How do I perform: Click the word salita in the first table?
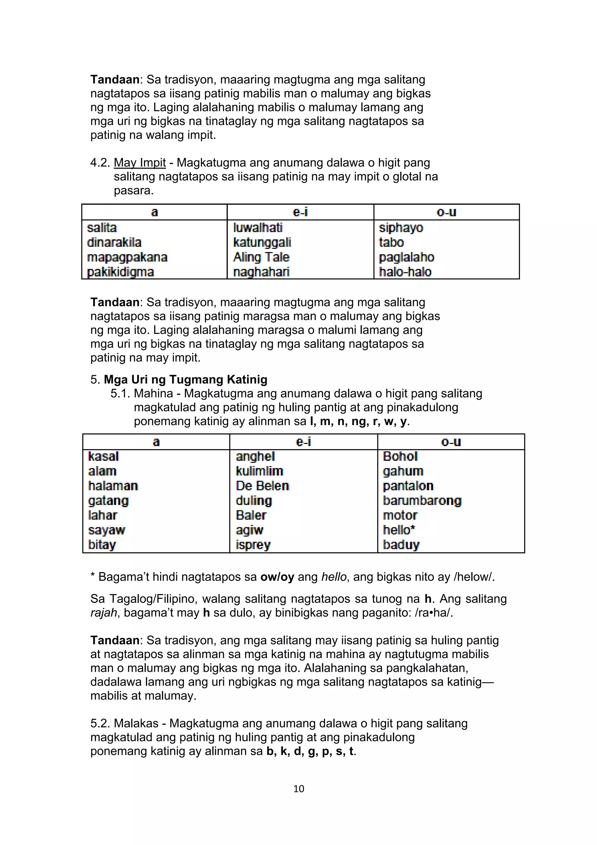click(102, 228)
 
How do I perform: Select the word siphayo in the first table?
click(401, 228)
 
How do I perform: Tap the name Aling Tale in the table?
click(261, 257)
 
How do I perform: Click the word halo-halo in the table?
click(405, 272)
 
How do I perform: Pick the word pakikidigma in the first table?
click(120, 272)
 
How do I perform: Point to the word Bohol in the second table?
click(400, 456)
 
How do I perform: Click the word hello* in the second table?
click(399, 530)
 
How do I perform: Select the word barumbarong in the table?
click(422, 501)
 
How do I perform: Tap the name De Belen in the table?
click(262, 486)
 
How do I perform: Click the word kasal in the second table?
click(103, 456)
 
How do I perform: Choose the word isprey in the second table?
click(253, 545)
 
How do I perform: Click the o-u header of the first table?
click(446, 212)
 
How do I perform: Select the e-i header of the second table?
click(303, 442)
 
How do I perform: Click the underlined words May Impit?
click(140, 163)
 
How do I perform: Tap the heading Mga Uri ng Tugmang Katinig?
click(185, 379)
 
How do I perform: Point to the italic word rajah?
click(104, 613)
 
